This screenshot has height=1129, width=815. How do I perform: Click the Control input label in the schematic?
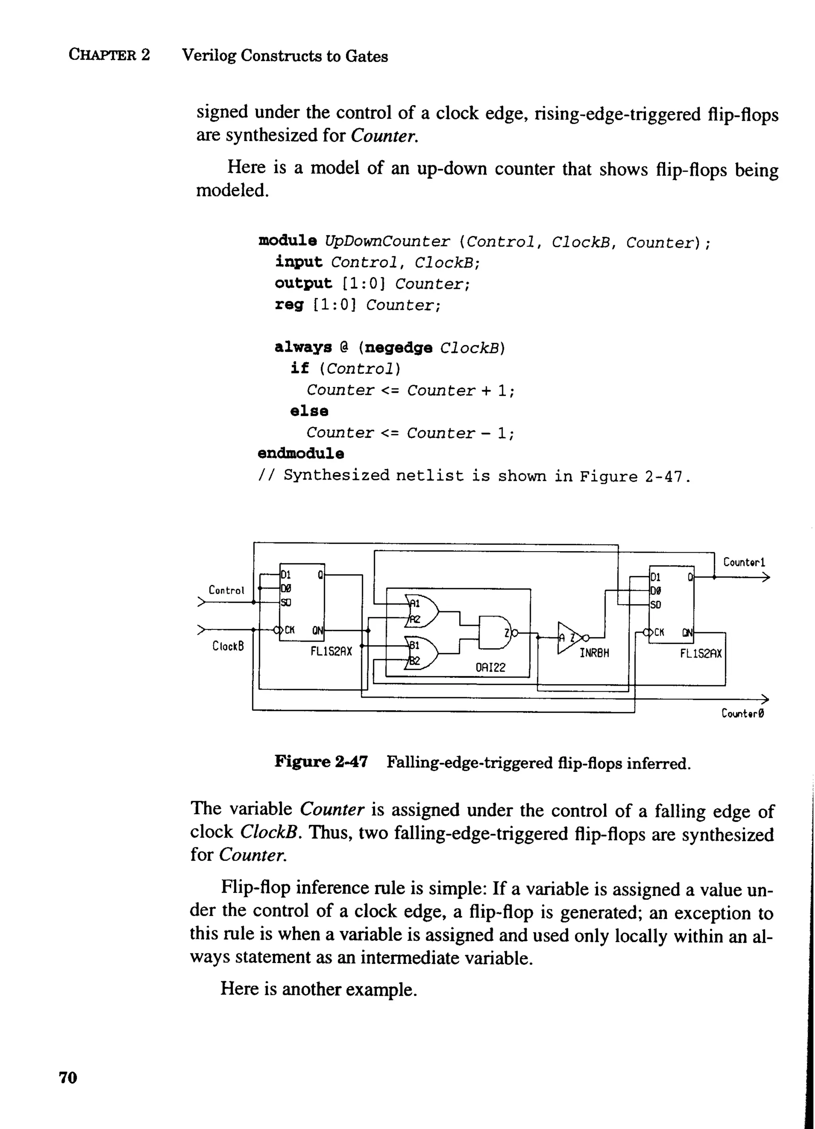tap(226, 591)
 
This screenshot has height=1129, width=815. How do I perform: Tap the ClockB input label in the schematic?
tap(228, 646)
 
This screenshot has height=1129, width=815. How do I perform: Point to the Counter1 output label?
tap(744, 562)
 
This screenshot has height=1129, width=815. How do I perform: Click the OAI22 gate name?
tap(490, 667)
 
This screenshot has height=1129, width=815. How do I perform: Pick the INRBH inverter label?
tap(594, 653)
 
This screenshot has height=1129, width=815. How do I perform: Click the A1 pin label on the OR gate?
tap(415, 603)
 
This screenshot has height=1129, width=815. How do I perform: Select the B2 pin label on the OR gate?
tap(414, 661)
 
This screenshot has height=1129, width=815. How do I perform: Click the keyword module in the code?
tap(288, 241)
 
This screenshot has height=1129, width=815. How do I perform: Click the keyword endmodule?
tap(301, 454)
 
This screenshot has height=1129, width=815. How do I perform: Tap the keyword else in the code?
tap(309, 411)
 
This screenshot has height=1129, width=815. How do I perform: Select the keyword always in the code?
tap(303, 347)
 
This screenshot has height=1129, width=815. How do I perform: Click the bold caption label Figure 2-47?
tap(321, 762)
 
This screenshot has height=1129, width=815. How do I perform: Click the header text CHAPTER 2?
tap(109, 55)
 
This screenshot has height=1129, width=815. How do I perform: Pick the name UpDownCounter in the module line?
tap(387, 242)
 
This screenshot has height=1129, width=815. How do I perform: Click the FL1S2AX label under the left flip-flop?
tap(331, 651)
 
